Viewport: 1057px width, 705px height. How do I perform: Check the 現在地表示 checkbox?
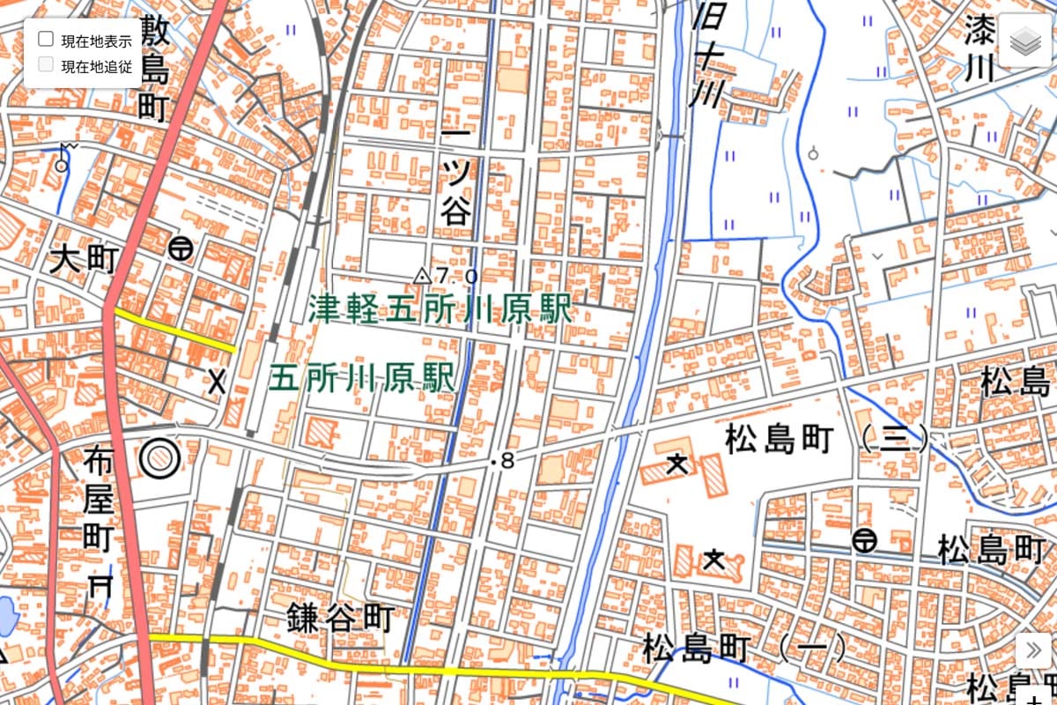point(46,39)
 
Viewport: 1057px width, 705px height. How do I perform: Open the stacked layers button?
point(1026,41)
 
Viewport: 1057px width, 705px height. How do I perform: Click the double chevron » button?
point(1033,650)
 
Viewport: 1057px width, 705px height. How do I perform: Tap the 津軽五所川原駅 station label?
point(440,309)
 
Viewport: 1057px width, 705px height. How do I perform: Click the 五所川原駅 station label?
point(362,379)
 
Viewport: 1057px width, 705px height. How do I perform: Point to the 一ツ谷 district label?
point(456,177)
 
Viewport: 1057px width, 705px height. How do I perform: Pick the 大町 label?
point(84,260)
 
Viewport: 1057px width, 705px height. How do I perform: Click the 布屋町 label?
point(98,498)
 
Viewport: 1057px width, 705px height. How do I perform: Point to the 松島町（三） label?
point(826,438)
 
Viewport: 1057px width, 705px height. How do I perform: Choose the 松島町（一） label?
point(744,649)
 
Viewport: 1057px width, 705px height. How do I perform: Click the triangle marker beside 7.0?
point(422,276)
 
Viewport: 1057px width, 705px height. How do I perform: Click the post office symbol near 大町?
point(181,249)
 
